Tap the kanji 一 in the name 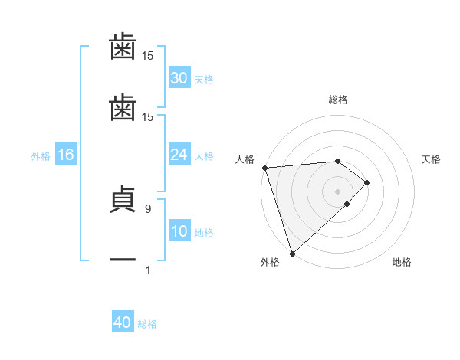click(123, 260)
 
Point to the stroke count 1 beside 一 click(147, 270)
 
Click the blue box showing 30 click(179, 78)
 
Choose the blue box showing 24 click(179, 155)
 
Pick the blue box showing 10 click(179, 231)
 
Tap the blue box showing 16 click(66, 155)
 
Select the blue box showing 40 click(123, 322)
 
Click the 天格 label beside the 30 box click(204, 80)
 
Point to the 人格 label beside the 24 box click(204, 156)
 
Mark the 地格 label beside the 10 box click(204, 233)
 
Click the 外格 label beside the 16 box click(41, 156)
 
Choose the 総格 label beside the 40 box click(147, 324)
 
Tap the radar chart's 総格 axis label click(338, 100)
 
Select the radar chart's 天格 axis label click(432, 159)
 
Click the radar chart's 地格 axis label click(402, 263)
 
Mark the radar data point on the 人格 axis click(264, 168)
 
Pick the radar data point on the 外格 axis click(291, 252)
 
